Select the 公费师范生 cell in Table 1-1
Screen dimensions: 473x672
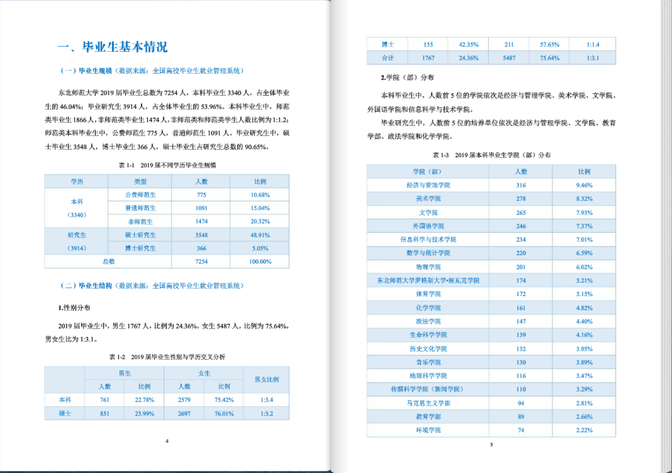point(140,194)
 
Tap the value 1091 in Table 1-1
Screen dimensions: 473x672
point(201,208)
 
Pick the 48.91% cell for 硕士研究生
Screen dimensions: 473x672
point(260,235)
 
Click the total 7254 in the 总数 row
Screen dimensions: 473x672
point(201,262)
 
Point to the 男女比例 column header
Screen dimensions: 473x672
point(267,380)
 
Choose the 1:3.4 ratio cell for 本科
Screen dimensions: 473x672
point(267,400)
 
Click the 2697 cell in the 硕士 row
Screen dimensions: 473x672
point(184,414)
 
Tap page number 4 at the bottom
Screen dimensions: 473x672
point(167,441)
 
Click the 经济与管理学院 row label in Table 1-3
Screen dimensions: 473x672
point(428,185)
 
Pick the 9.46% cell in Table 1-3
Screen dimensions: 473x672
point(584,185)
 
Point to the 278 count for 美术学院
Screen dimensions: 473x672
point(521,198)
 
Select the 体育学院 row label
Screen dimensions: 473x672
point(428,294)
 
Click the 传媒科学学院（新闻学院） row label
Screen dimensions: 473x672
point(428,389)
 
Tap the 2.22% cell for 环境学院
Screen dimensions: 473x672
point(584,430)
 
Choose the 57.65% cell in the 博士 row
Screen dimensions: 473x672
point(549,44)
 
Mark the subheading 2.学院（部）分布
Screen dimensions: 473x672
point(403,77)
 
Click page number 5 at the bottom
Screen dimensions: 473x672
point(491,445)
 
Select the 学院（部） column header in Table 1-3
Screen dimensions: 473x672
point(428,172)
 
